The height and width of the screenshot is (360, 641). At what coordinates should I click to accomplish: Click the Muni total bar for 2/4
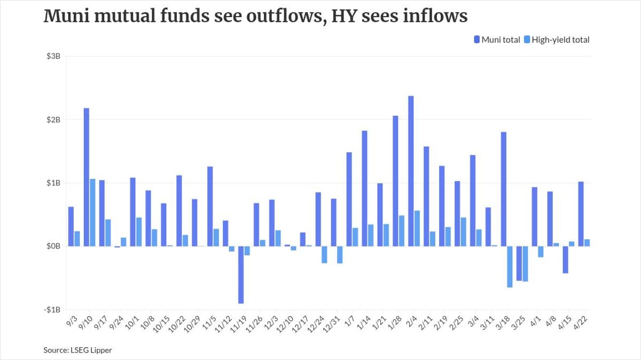coord(411,171)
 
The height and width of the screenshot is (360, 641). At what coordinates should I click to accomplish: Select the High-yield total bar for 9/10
coord(92,213)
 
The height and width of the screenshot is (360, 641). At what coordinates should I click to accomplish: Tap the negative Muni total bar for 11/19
coord(241,275)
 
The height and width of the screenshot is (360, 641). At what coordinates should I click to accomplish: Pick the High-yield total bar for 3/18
coord(510,267)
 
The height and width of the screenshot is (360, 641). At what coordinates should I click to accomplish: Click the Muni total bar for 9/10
coord(86,177)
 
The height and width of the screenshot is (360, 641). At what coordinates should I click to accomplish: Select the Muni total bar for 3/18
coord(503,189)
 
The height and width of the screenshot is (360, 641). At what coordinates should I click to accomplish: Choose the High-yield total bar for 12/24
coord(324,255)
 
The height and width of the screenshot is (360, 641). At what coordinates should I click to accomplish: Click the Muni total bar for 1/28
coord(395,181)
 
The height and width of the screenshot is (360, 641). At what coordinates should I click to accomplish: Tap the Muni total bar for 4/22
coord(581,214)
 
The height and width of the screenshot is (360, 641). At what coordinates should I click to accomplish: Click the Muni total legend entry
coord(496,40)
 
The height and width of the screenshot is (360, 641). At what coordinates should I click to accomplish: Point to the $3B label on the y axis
coord(52,57)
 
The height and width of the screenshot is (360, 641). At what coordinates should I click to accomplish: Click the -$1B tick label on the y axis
coord(51,310)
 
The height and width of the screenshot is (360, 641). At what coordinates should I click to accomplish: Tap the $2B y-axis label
coord(52,120)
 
